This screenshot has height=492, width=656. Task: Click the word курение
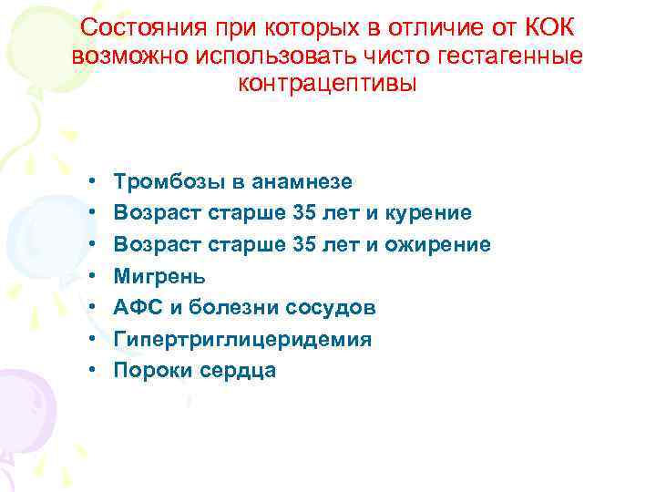point(429,213)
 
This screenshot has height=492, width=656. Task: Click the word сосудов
point(330,308)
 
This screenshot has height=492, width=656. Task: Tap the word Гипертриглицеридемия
point(242,339)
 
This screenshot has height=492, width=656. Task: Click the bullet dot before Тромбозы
point(94,182)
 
